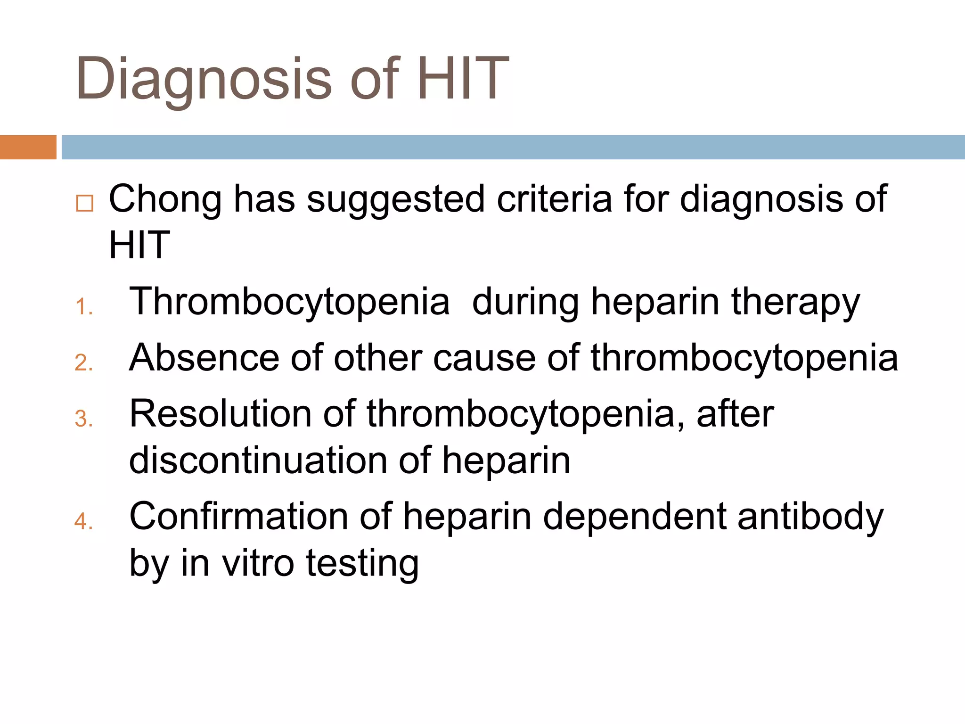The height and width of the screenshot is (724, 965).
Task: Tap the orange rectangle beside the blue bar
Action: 28,147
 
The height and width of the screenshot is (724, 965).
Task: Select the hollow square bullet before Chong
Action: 85,203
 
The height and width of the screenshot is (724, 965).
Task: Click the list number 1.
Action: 83,307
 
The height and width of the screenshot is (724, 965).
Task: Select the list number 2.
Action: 83,363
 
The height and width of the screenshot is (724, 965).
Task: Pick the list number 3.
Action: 83,419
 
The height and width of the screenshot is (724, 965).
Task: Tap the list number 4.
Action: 83,522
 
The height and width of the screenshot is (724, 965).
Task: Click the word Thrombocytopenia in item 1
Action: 289,303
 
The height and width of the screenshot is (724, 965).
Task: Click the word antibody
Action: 810,517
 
